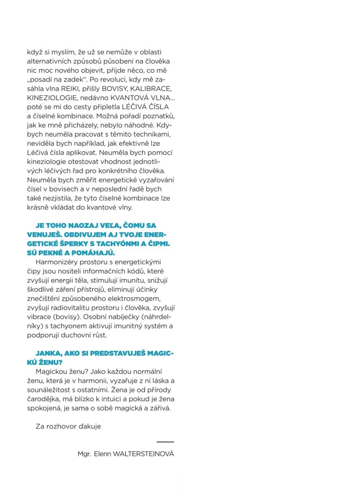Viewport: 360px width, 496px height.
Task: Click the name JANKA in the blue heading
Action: (x=48, y=354)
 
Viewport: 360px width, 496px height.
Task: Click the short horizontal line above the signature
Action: (x=165, y=442)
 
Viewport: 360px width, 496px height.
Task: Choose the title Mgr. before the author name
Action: (x=84, y=454)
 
